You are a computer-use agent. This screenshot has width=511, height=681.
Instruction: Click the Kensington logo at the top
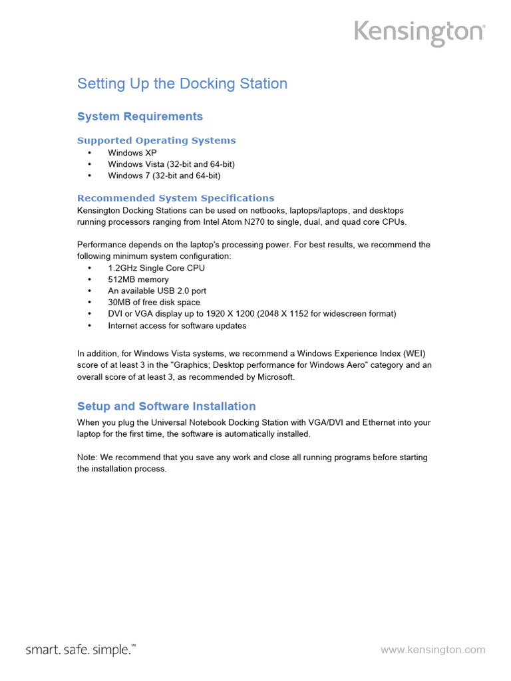pyautogui.click(x=419, y=33)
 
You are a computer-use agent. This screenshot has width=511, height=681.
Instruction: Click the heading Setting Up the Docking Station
pyautogui.click(x=182, y=84)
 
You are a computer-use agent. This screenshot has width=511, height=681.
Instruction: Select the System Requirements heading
pyautogui.click(x=140, y=116)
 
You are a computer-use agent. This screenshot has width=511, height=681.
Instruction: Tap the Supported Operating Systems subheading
pyautogui.click(x=156, y=140)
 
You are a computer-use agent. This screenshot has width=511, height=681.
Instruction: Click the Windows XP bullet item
pyautogui.click(x=132, y=153)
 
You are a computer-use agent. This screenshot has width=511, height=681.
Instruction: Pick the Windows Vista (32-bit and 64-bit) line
pyautogui.click(x=171, y=164)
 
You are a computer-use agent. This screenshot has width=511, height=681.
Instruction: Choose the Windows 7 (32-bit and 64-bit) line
pyautogui.click(x=164, y=176)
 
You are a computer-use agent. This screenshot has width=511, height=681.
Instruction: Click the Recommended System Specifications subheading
pyautogui.click(x=176, y=198)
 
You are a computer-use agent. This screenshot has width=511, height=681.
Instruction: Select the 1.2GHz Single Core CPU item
pyautogui.click(x=156, y=268)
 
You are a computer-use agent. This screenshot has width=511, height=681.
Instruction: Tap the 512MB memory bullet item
pyautogui.click(x=138, y=279)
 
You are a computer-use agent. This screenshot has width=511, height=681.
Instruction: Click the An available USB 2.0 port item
pyautogui.click(x=157, y=291)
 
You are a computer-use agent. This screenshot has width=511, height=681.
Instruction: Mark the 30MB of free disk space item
pyautogui.click(x=154, y=302)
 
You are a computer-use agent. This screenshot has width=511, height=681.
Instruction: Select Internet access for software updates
pyautogui.click(x=177, y=326)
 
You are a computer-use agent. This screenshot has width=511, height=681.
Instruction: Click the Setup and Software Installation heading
pyautogui.click(x=166, y=406)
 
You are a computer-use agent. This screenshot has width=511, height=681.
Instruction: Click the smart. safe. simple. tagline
pyautogui.click(x=81, y=650)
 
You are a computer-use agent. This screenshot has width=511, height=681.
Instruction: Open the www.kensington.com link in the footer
pyautogui.click(x=432, y=650)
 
